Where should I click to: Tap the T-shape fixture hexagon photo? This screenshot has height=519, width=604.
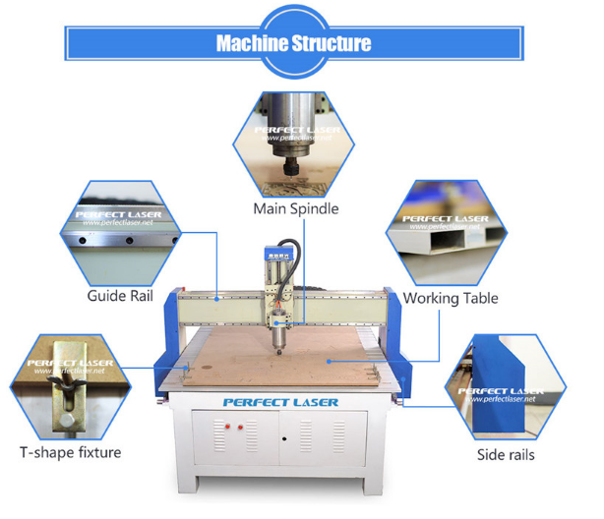click(x=69, y=383)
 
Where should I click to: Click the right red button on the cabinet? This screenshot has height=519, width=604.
click(x=239, y=427)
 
